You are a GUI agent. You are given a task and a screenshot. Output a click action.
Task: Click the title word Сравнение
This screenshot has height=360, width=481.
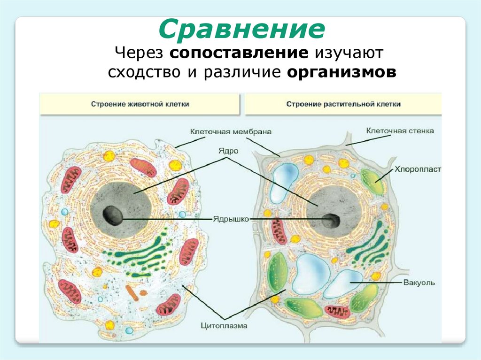point(241,29)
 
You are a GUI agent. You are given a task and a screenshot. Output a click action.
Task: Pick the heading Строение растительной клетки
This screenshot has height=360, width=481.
point(343,104)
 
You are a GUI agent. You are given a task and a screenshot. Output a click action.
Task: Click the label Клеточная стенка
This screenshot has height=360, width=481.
point(400,130)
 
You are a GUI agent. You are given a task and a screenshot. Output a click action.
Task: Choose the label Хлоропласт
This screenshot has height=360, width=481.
point(417,168)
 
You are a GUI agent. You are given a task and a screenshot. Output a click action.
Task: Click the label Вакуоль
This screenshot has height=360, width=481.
point(419,283)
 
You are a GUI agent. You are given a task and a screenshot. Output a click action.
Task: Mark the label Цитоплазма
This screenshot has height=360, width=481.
point(224,324)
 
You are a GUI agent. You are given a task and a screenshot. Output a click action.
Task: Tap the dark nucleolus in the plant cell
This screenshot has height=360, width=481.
point(331,219)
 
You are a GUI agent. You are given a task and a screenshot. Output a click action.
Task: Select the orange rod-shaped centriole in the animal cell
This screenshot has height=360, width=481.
point(132,293)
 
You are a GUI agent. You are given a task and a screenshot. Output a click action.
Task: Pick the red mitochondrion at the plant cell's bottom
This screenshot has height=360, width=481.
point(337,311)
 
